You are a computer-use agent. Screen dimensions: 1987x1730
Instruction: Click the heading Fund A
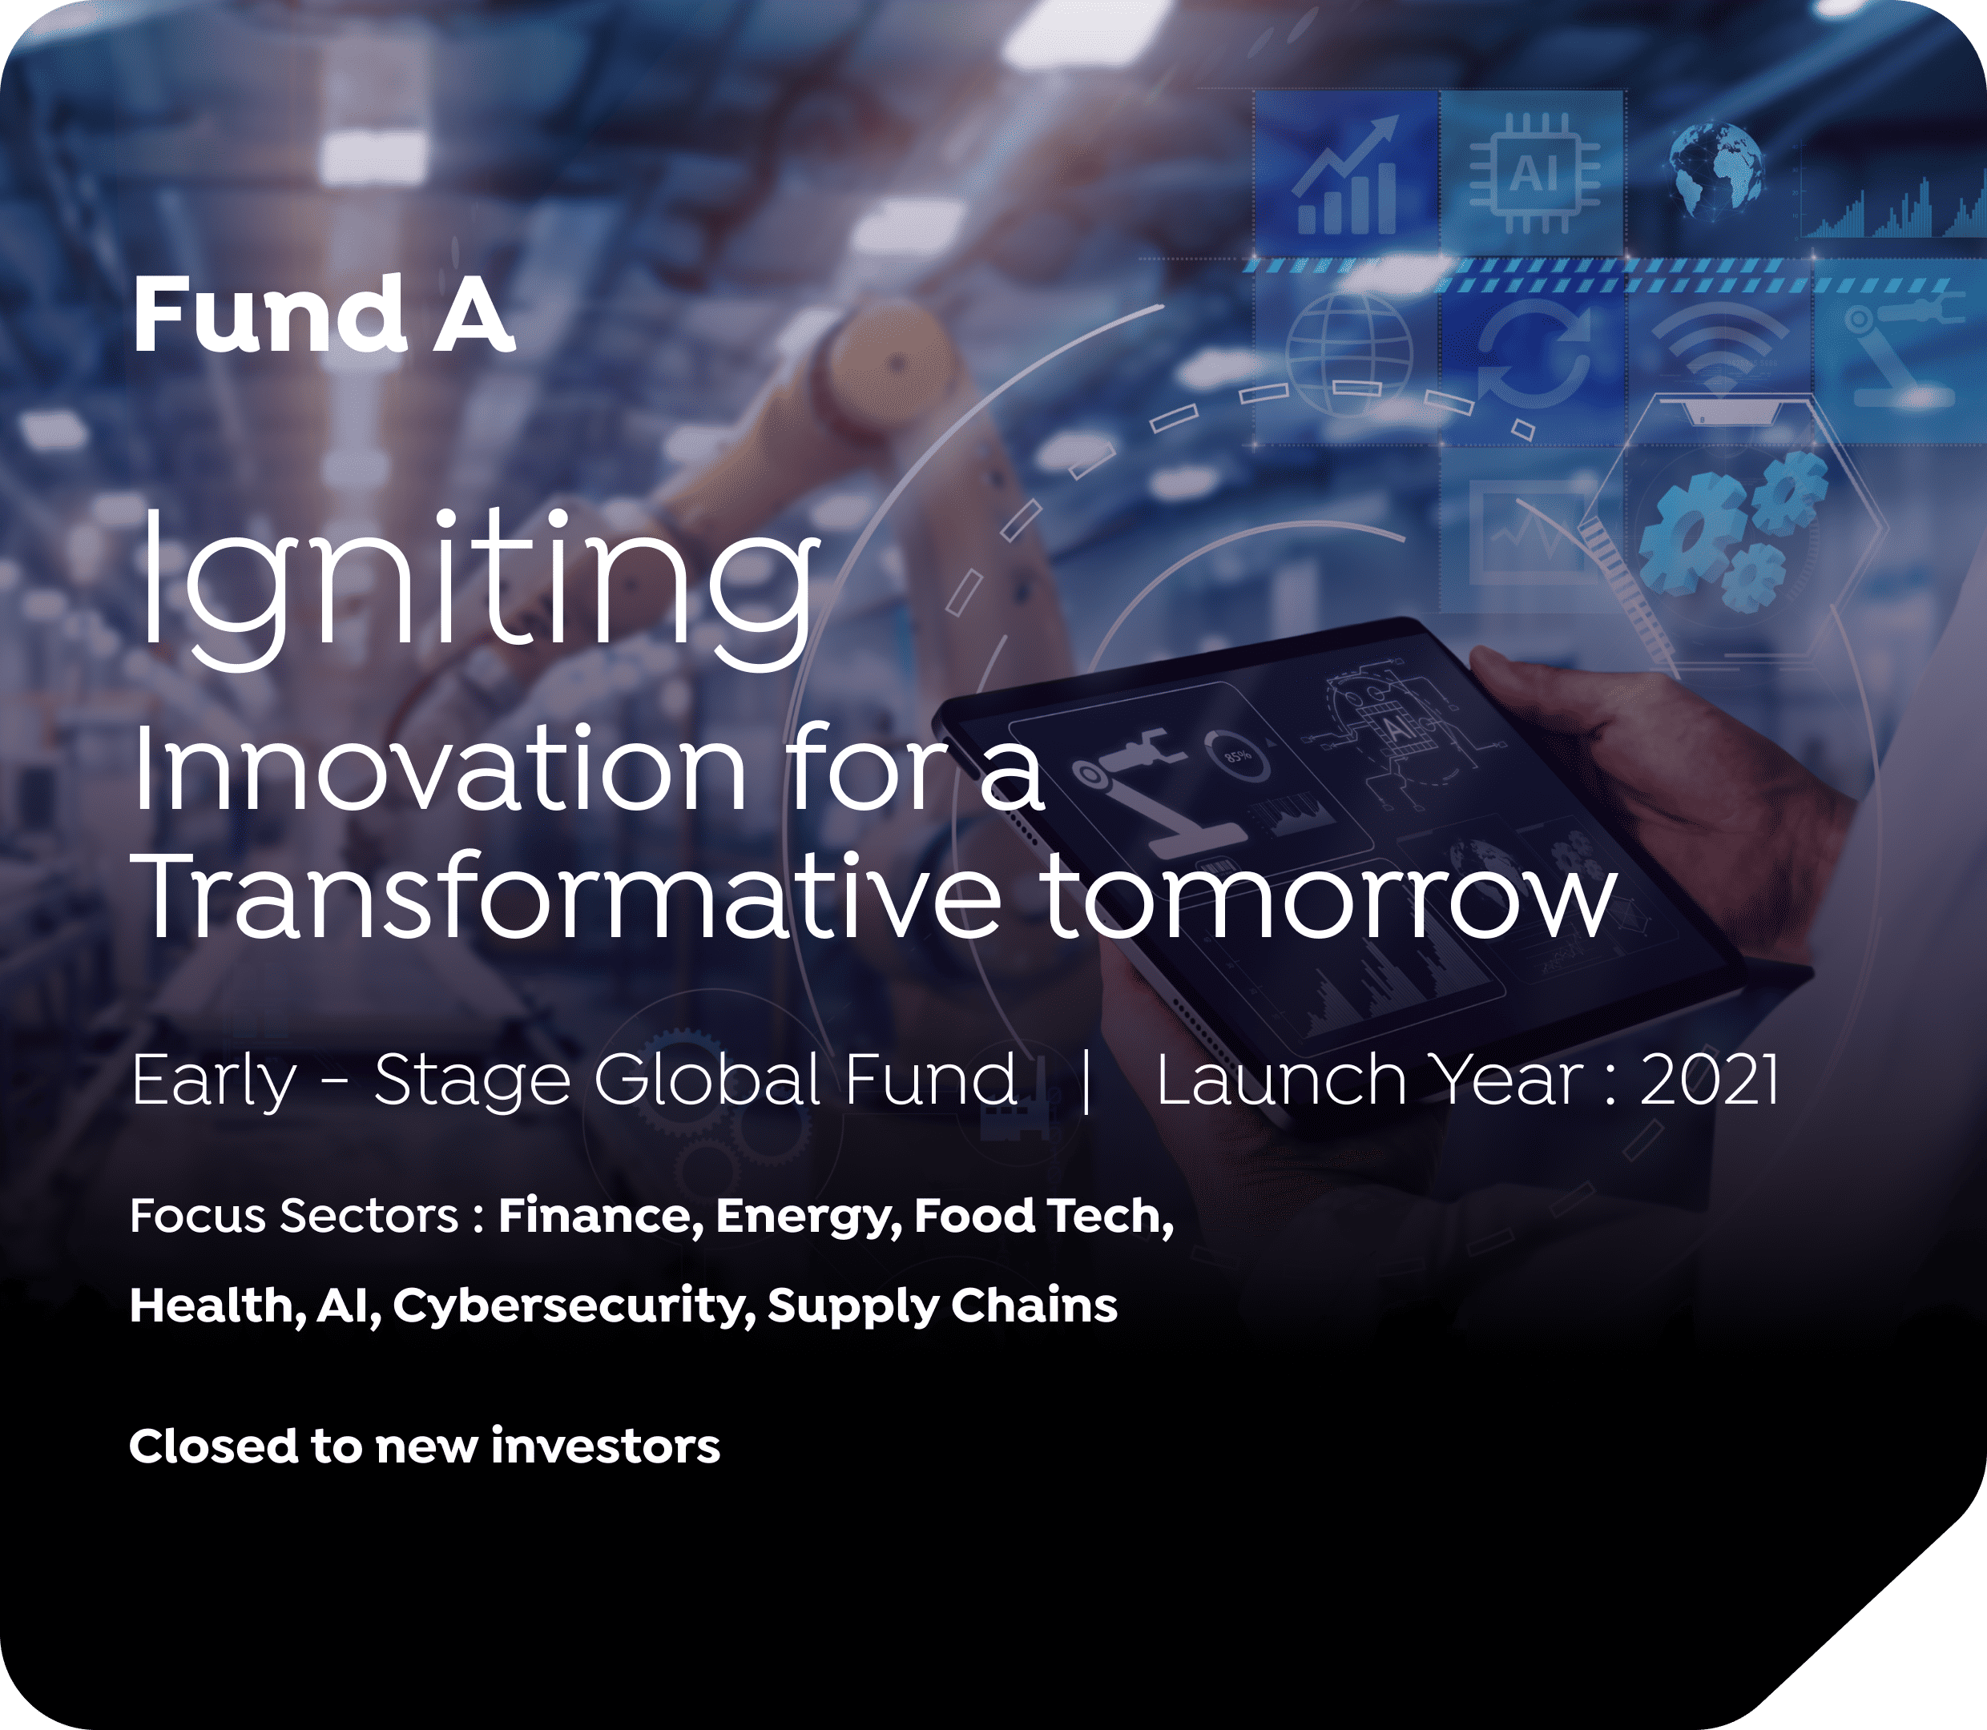click(324, 315)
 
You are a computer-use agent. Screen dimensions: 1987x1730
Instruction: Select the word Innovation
click(439, 768)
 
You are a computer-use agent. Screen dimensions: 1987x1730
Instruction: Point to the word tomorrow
click(1328, 898)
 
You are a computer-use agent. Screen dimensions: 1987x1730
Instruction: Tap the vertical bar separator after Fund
click(1087, 1081)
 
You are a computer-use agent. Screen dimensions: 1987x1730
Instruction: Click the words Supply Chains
click(942, 1306)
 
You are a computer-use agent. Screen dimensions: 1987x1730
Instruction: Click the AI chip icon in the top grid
click(1534, 174)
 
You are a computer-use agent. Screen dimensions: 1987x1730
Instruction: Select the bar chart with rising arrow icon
click(1348, 175)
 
